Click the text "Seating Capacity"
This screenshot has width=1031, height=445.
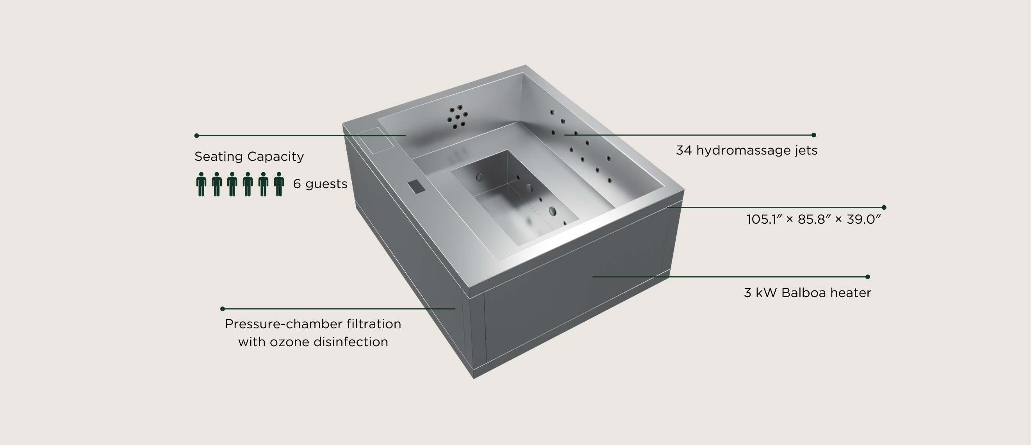249,157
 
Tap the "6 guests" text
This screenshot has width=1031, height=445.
320,184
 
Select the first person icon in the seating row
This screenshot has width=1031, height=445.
201,184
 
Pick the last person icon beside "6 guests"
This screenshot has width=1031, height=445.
279,184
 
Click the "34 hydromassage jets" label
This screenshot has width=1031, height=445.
746,150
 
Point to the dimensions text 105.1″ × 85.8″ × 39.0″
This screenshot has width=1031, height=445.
814,219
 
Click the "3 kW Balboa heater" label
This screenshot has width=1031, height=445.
808,293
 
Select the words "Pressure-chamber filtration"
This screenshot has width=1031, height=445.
313,324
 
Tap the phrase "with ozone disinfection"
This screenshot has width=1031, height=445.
313,342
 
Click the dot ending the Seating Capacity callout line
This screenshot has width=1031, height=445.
196,136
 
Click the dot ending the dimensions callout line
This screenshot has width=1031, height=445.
884,207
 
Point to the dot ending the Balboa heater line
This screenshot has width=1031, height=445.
868,276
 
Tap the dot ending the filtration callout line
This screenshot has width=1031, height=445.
223,308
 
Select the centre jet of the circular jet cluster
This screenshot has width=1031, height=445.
457,117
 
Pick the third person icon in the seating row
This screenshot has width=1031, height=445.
232,184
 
